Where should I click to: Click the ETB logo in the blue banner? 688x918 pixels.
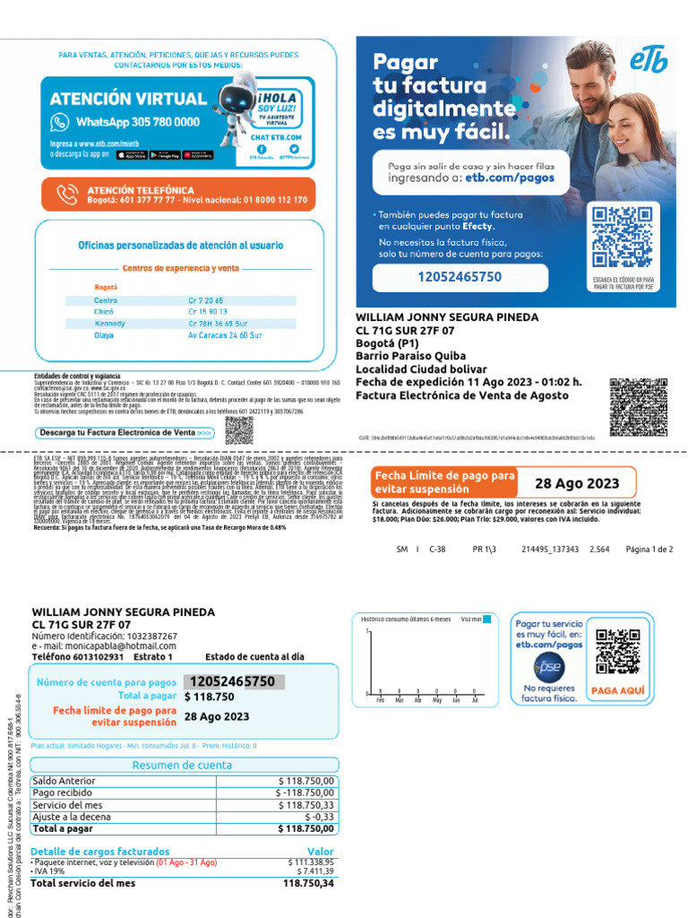click(x=649, y=62)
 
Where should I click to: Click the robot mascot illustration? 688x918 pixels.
click(x=241, y=111)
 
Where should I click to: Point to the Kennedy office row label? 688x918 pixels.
click(x=111, y=323)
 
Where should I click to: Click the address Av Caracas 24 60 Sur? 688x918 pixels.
click(x=225, y=335)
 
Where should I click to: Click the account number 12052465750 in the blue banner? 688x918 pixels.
click(x=460, y=277)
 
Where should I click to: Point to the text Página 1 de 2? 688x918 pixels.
click(x=649, y=549)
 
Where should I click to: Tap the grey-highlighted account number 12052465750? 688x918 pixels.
click(x=232, y=681)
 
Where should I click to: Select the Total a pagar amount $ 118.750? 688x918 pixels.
click(x=209, y=697)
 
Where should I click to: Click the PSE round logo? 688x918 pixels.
click(x=547, y=667)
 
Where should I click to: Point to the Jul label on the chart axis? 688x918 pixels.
click(x=474, y=700)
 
